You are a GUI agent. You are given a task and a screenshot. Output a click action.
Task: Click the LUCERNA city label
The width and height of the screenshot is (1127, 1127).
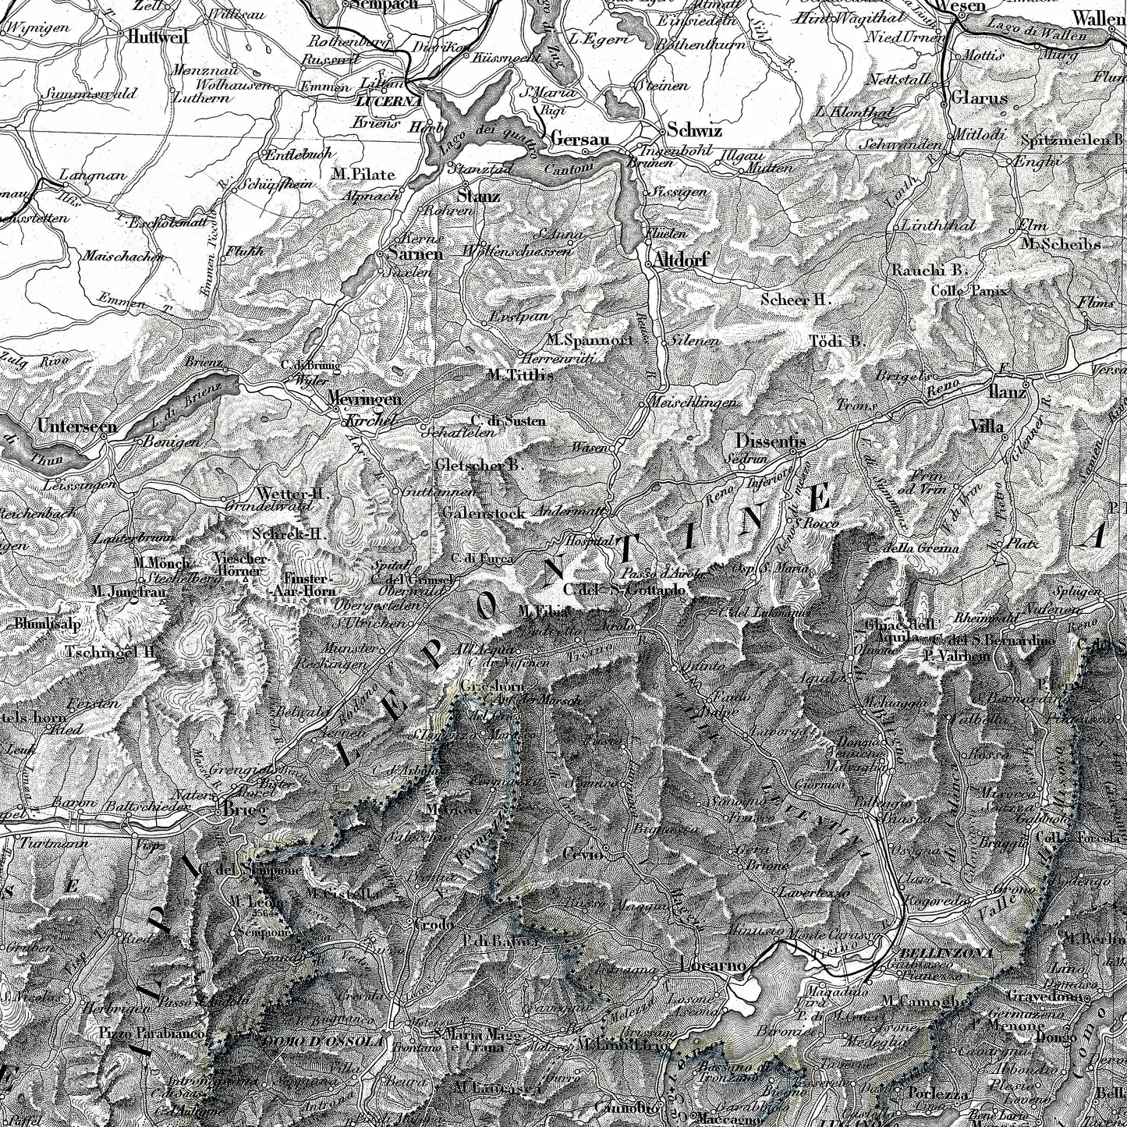(388, 101)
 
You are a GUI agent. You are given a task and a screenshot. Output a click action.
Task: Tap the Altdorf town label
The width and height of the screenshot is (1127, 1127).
(681, 260)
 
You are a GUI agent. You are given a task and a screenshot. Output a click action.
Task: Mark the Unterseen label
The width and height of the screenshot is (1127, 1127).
(76, 427)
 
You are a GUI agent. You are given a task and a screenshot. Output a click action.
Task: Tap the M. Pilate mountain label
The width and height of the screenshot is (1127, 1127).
(363, 174)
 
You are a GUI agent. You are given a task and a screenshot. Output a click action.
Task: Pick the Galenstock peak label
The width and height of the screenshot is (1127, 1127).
(481, 513)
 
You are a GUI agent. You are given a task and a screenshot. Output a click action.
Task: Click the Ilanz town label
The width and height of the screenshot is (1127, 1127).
(1006, 392)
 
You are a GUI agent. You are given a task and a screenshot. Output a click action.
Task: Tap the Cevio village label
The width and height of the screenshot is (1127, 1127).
(583, 855)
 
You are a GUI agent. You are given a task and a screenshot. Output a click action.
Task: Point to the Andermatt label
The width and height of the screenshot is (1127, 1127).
(569, 512)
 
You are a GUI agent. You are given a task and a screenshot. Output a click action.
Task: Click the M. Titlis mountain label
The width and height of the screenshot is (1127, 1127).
(519, 374)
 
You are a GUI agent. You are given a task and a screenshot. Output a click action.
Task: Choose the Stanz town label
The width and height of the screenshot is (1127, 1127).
(479, 196)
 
